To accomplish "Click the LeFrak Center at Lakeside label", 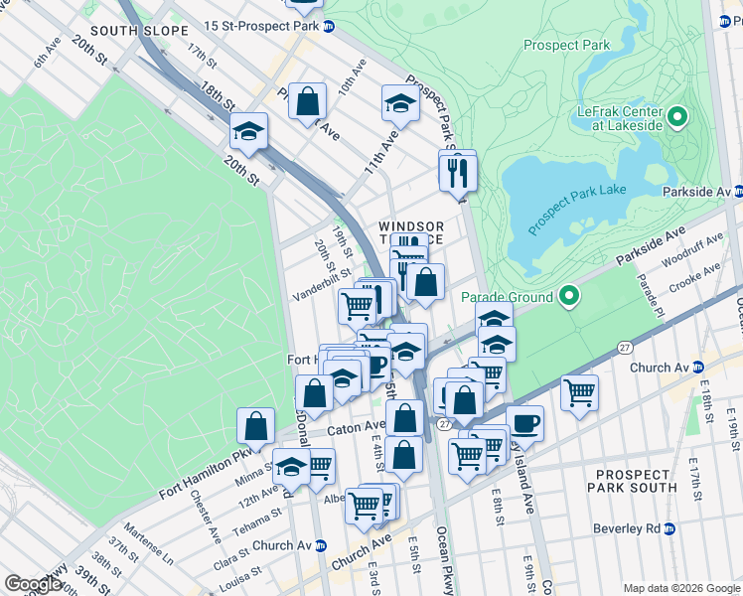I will (x=620, y=118).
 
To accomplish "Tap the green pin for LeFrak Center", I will (x=678, y=118).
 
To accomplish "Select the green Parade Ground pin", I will (x=569, y=296).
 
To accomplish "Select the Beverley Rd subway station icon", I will (x=669, y=529).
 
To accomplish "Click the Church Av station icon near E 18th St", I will (x=697, y=368).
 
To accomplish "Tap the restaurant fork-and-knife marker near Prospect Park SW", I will (x=458, y=172).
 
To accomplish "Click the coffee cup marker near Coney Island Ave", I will (x=524, y=424).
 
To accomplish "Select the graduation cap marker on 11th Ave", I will (x=400, y=103).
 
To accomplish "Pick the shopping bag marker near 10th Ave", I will (x=308, y=100).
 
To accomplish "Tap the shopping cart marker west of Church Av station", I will (x=579, y=390).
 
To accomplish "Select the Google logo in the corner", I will (x=33, y=583).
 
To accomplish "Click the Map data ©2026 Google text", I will (x=681, y=588).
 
